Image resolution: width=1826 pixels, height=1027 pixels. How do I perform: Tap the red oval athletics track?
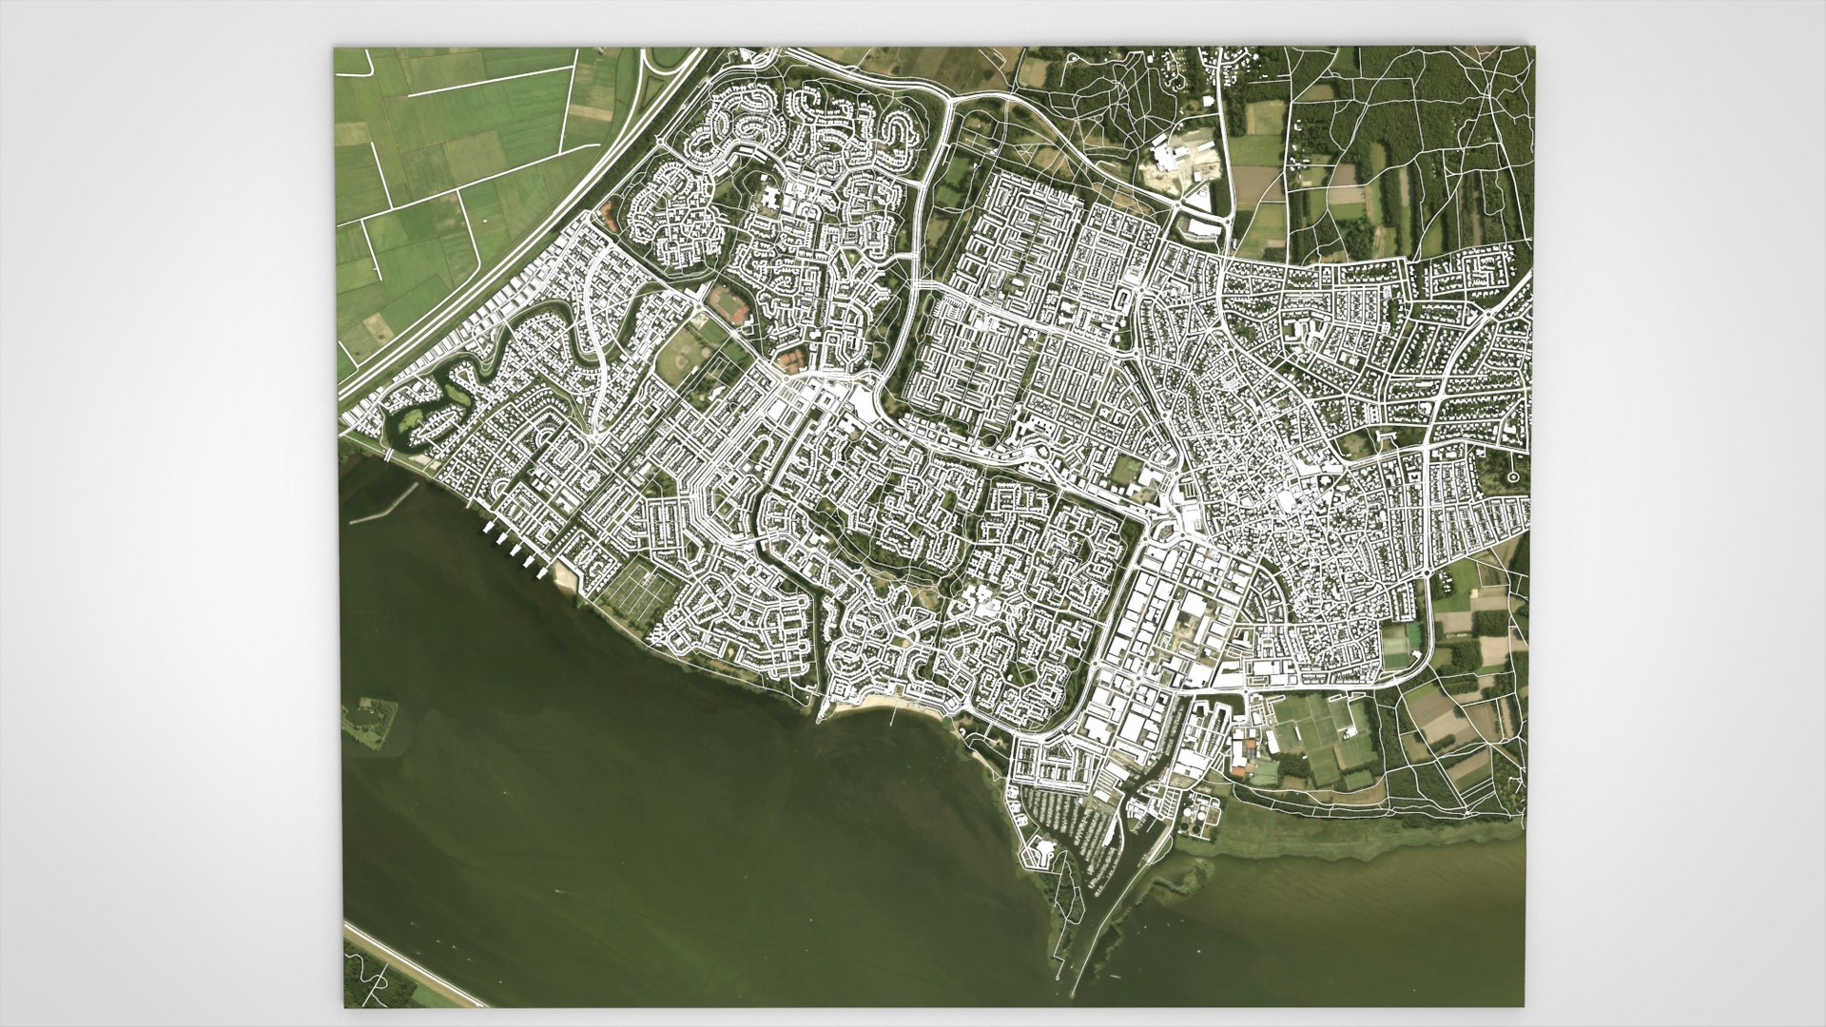tap(729, 304)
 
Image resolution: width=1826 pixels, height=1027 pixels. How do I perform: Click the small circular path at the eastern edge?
tap(1512, 475)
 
